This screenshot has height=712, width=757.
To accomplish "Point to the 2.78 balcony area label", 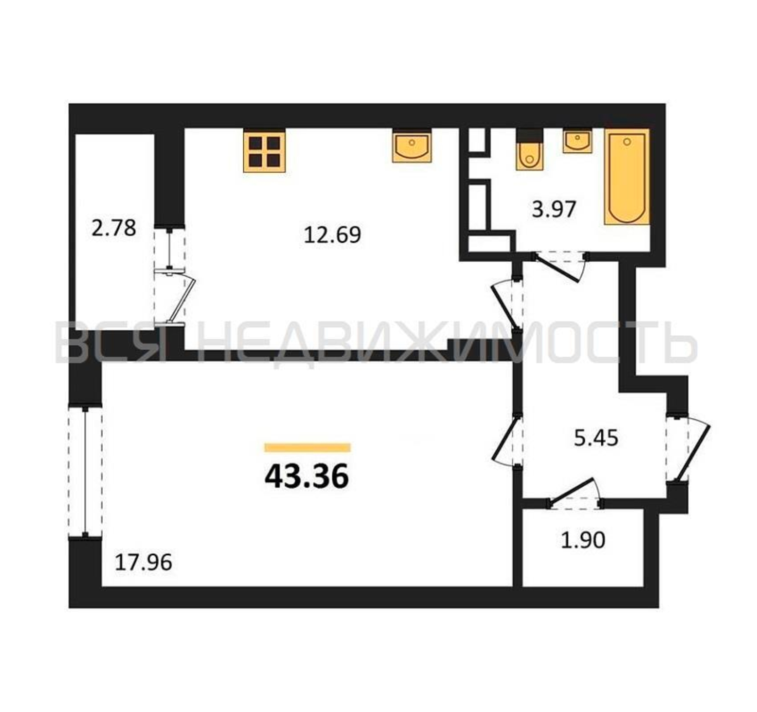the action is (114, 228).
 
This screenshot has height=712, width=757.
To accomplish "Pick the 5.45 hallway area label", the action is (596, 438).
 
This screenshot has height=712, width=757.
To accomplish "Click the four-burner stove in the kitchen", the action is (264, 152).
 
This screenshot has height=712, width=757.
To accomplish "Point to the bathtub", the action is (627, 177).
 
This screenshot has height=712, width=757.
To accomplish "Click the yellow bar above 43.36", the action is (307, 447).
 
